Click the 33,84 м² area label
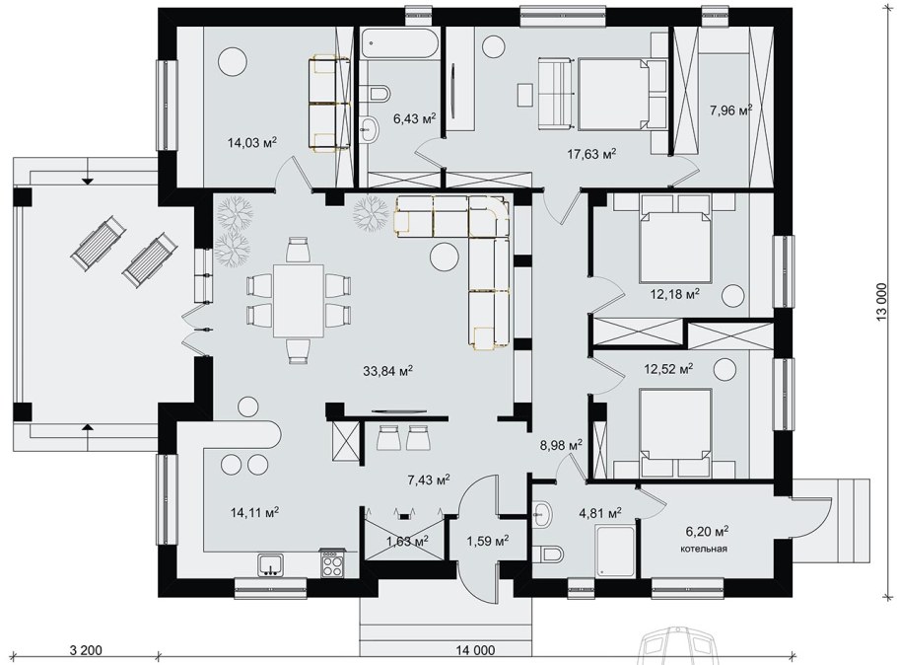point(387,371)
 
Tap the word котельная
point(703,549)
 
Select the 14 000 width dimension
point(475,650)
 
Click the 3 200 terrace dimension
point(86,650)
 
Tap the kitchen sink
point(271,564)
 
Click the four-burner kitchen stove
point(332,563)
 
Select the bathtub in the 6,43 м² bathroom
point(400,44)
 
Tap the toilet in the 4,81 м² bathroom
point(550,554)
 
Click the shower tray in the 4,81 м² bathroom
point(615,551)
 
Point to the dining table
point(298,301)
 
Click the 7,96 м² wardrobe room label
point(730,110)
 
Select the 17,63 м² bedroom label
point(591,154)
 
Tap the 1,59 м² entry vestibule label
point(488,540)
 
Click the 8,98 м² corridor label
point(561,444)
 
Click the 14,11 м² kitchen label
point(254,512)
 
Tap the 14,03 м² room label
point(252,143)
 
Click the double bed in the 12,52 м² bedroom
point(675,433)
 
